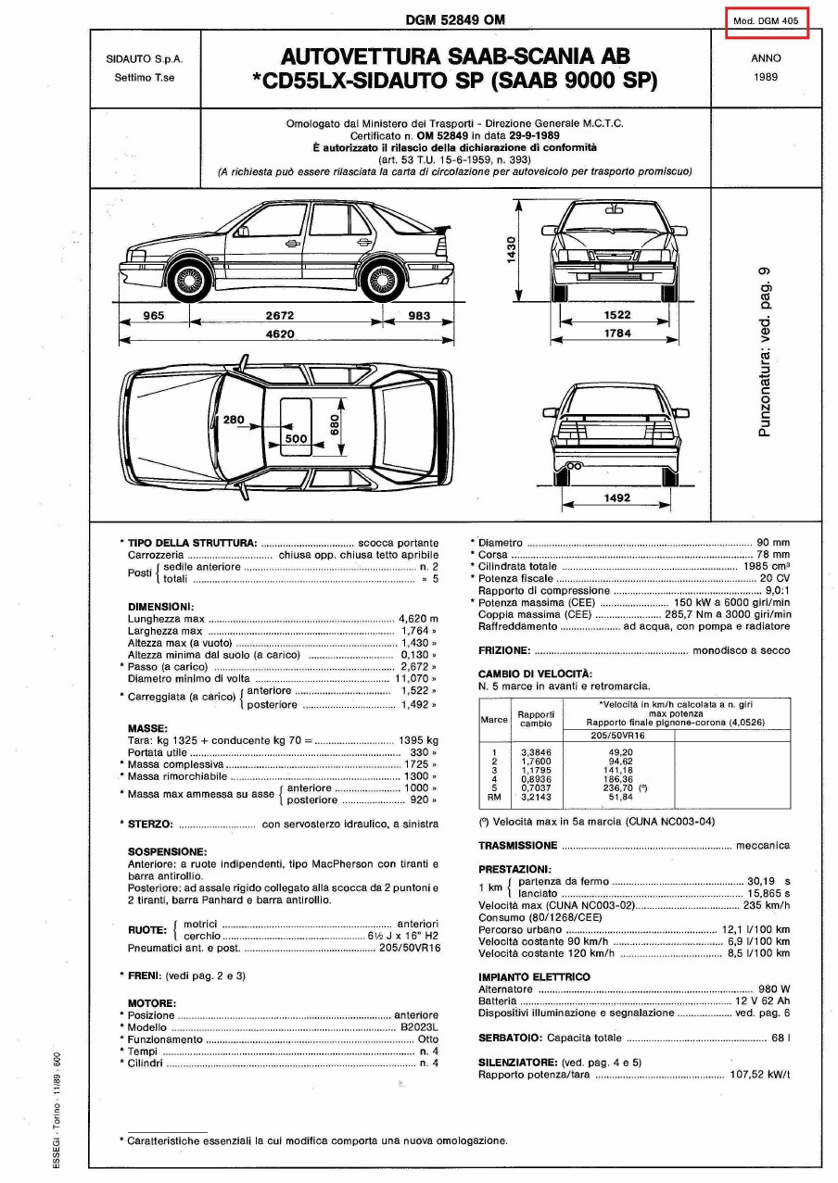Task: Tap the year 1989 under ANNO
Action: (766, 78)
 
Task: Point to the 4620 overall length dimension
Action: (280, 334)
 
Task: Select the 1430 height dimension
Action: (511, 249)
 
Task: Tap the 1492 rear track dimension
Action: (616, 498)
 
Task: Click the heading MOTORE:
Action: (151, 1003)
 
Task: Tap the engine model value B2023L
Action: (419, 1028)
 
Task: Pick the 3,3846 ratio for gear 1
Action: (535, 751)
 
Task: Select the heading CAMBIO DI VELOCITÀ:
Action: (534, 673)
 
